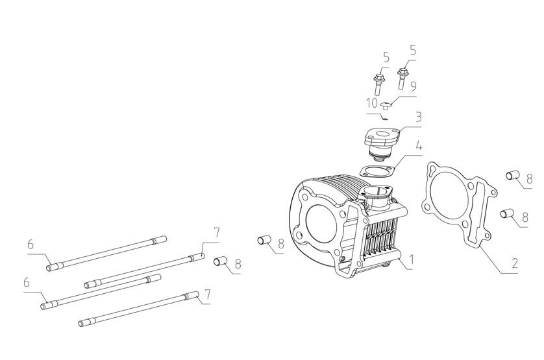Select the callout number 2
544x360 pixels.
tap(515, 263)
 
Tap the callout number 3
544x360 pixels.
tap(419, 117)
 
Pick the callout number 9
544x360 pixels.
tap(414, 86)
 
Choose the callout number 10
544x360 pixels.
tap(372, 103)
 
